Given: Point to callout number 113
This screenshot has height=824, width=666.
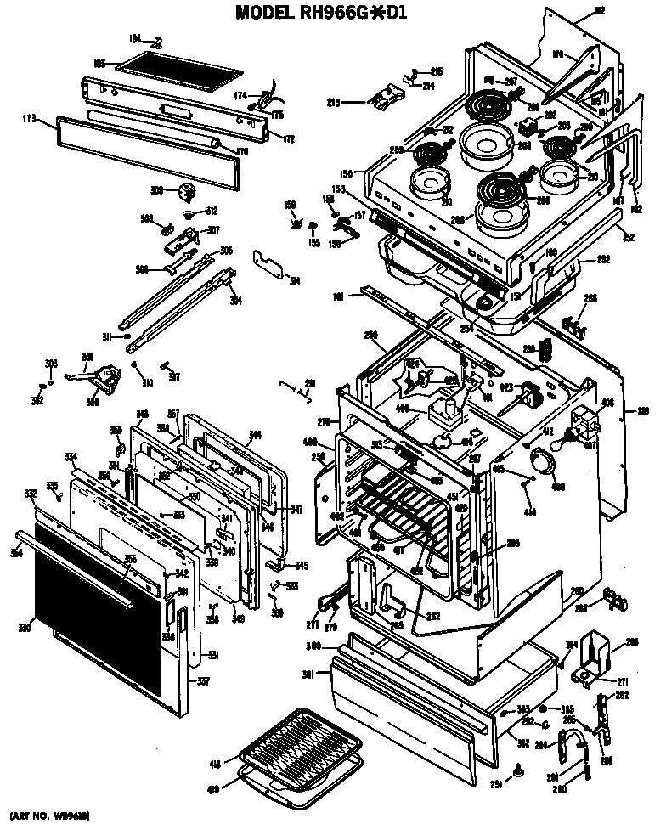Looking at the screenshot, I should pos(29,120).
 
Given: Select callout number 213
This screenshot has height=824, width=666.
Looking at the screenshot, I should pos(334,103).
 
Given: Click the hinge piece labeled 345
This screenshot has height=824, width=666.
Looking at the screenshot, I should pos(279,564).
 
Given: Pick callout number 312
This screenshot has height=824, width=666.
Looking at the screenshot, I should pos(212,211).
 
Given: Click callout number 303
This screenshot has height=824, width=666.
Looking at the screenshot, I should pos(50,363).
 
